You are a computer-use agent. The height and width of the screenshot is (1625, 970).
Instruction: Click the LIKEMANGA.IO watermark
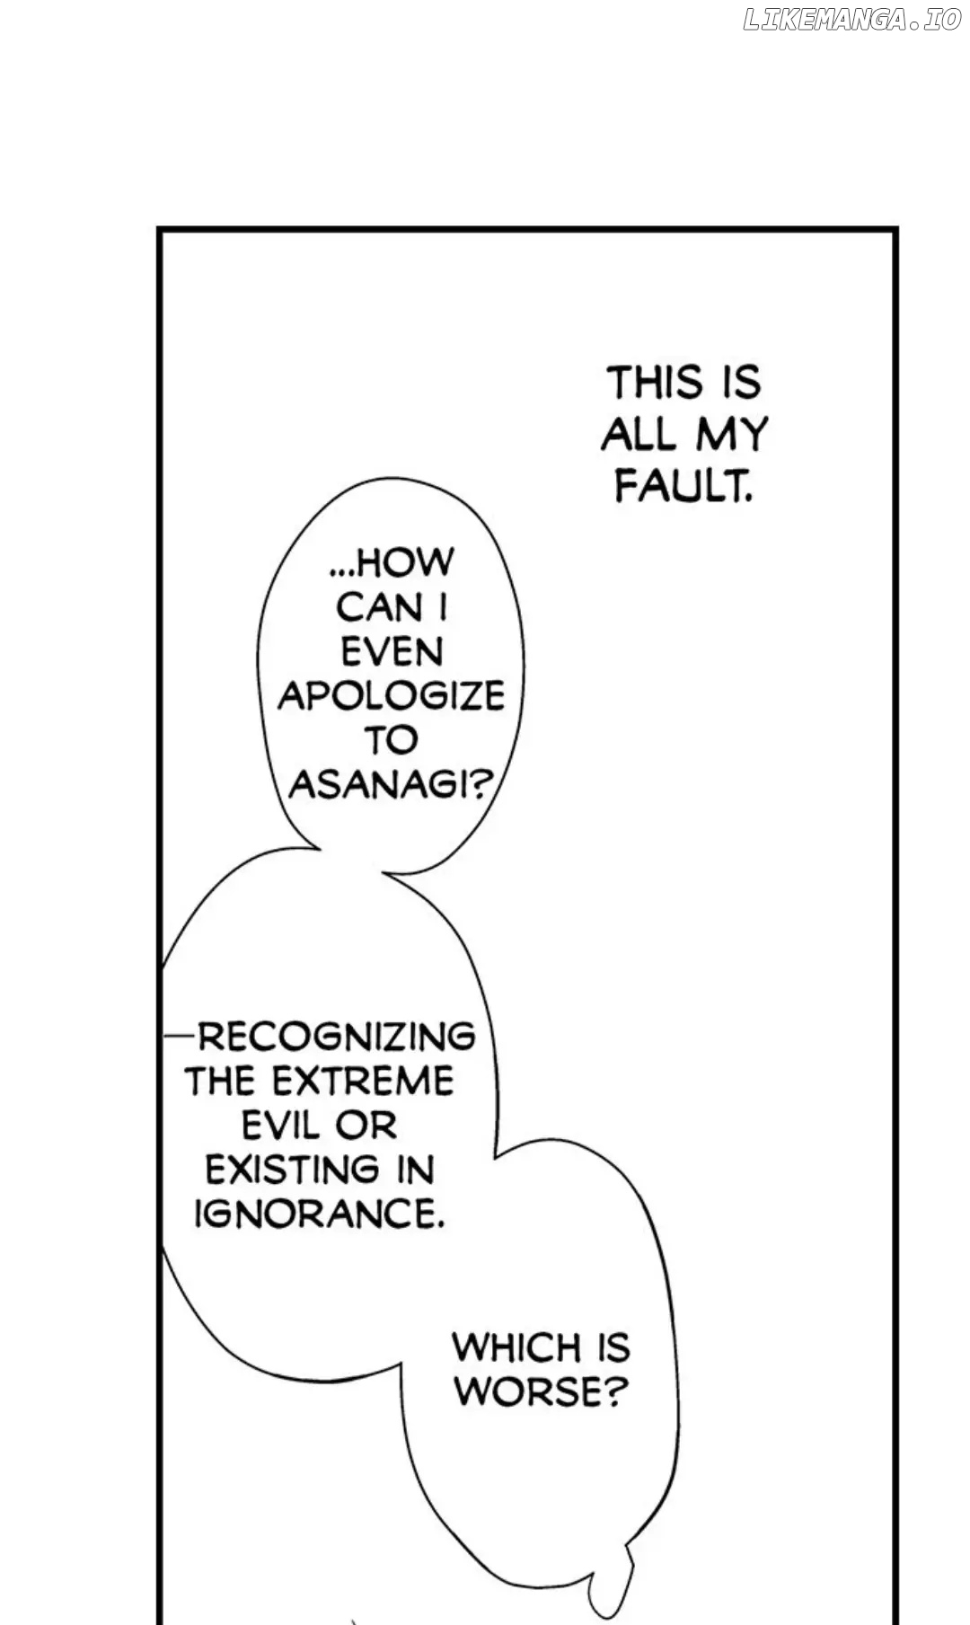[x=851, y=21]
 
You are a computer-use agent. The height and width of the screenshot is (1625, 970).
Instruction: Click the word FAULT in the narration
[x=683, y=487]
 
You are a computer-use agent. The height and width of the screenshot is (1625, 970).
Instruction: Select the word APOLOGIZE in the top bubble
[x=392, y=695]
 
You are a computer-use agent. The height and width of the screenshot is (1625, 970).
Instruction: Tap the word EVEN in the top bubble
[x=392, y=651]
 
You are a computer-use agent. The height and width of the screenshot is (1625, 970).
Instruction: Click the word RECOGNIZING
[x=336, y=1037]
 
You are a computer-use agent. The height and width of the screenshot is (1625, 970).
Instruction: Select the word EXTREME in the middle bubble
[x=363, y=1081]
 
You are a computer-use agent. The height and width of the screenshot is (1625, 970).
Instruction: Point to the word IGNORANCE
[x=319, y=1214]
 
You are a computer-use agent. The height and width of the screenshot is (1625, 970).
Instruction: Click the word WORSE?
[x=537, y=1392]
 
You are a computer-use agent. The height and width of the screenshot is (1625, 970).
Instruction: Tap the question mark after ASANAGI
[x=481, y=784]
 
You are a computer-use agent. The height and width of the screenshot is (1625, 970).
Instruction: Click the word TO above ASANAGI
[x=391, y=740]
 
